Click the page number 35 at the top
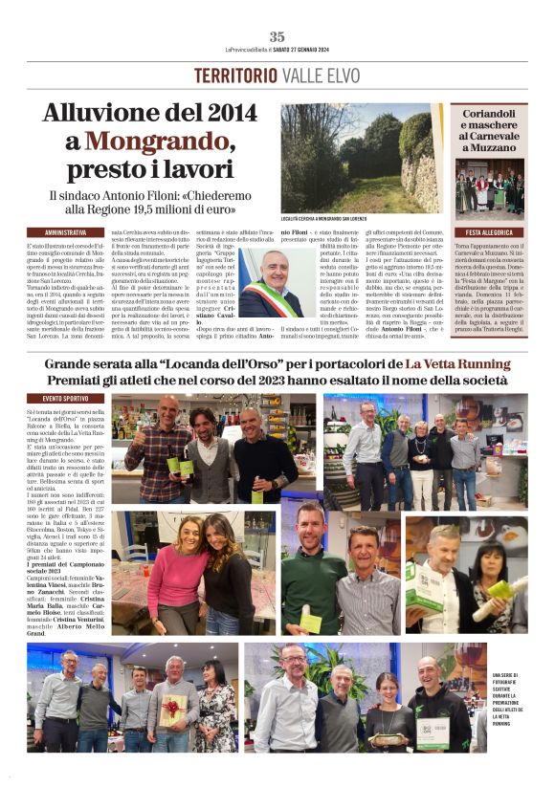point(277,36)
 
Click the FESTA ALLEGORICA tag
point(489,232)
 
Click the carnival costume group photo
point(489,190)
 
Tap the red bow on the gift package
point(175,703)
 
